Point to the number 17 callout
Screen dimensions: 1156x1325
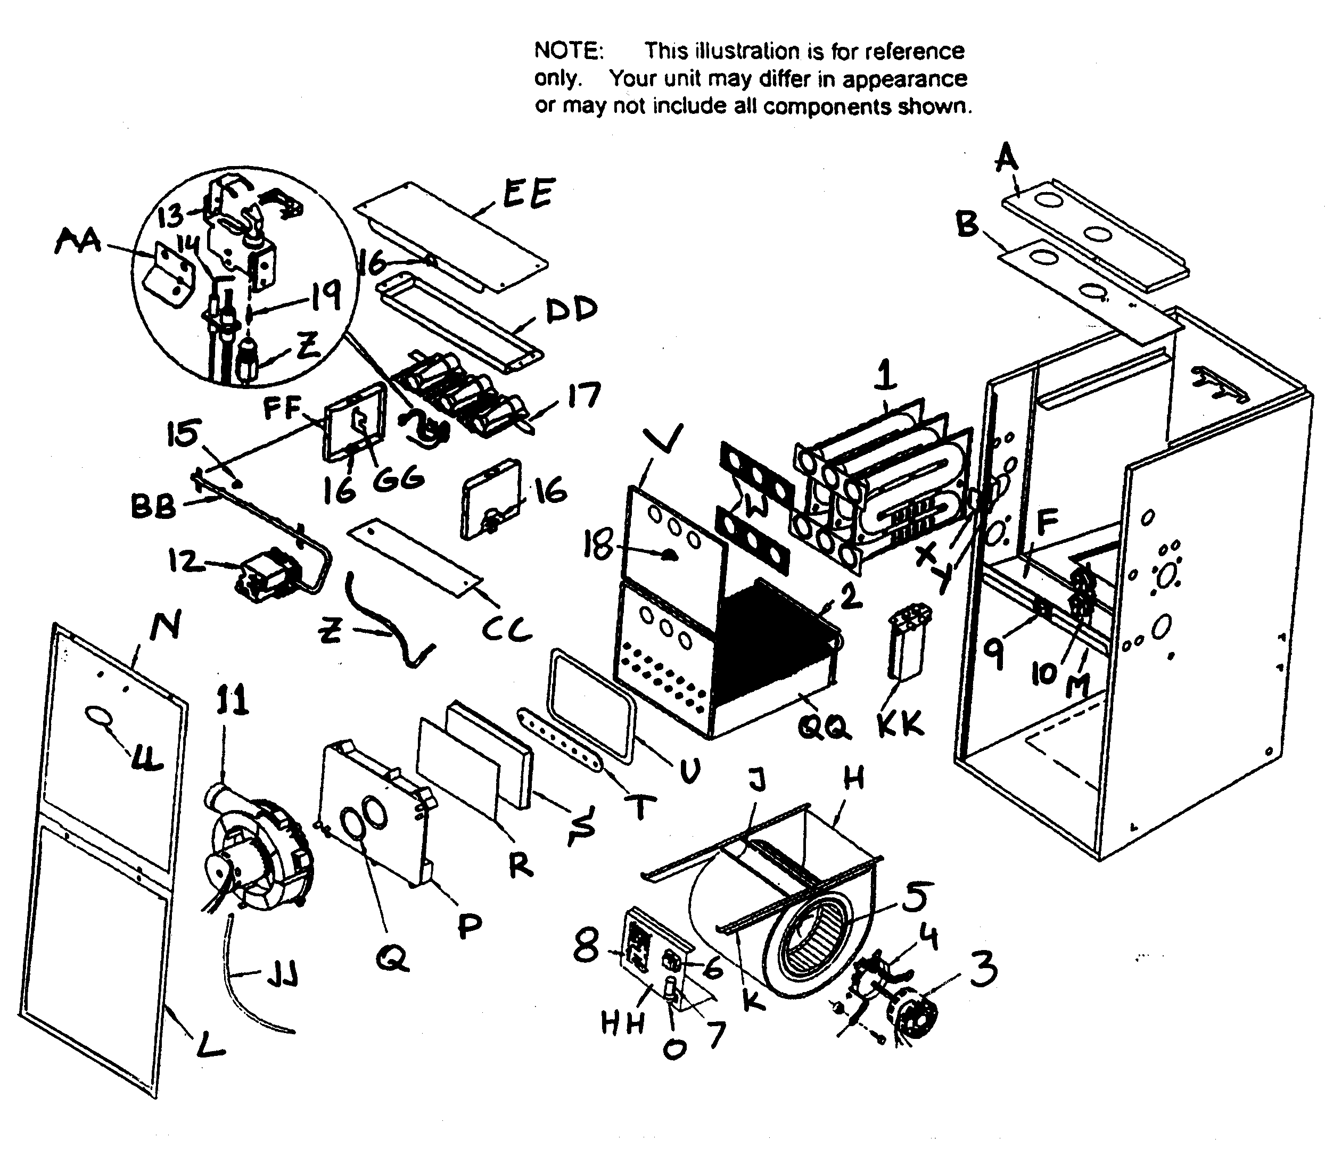[x=583, y=395]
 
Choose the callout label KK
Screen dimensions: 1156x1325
[x=901, y=724]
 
